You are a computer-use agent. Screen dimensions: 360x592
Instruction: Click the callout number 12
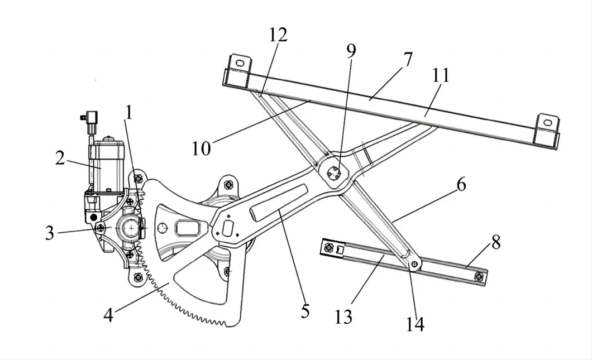(278, 35)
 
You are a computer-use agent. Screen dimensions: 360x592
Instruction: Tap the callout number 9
(351, 50)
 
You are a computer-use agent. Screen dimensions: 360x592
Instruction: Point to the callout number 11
(440, 76)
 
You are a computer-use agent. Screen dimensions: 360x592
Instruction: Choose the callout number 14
(415, 324)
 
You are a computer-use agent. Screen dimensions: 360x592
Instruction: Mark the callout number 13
(344, 316)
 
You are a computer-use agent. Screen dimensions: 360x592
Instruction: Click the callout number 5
(304, 310)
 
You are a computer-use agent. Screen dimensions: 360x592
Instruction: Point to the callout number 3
(50, 233)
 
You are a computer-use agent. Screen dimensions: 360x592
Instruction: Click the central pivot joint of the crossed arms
(334, 173)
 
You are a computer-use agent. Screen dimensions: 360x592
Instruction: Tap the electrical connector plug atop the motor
(89, 118)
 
